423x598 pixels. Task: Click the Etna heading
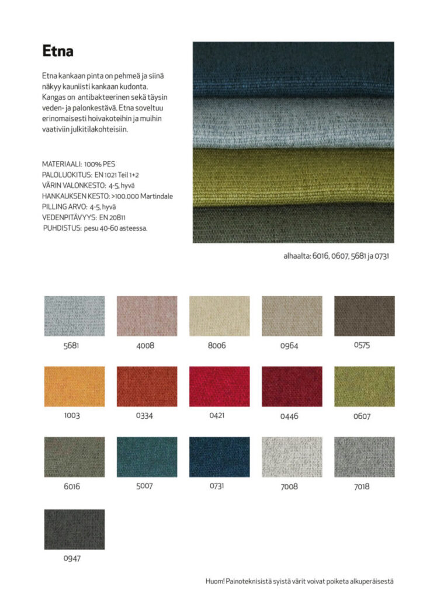tap(58, 51)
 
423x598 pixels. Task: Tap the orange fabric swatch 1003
tap(74, 387)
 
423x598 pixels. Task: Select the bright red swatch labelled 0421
tap(219, 387)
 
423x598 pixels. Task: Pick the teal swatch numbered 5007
tap(147, 457)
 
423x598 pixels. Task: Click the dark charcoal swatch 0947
tap(74, 529)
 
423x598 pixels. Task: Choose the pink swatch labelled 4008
tap(147, 316)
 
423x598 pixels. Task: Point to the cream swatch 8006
tap(219, 316)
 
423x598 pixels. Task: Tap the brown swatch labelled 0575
tap(364, 316)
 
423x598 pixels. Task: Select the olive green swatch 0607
tap(364, 387)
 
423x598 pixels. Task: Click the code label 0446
tap(292, 416)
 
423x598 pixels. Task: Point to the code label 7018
tap(362, 486)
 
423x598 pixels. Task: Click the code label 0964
tap(289, 346)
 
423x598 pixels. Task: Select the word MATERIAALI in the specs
tap(61, 165)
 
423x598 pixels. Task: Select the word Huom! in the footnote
tap(215, 581)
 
